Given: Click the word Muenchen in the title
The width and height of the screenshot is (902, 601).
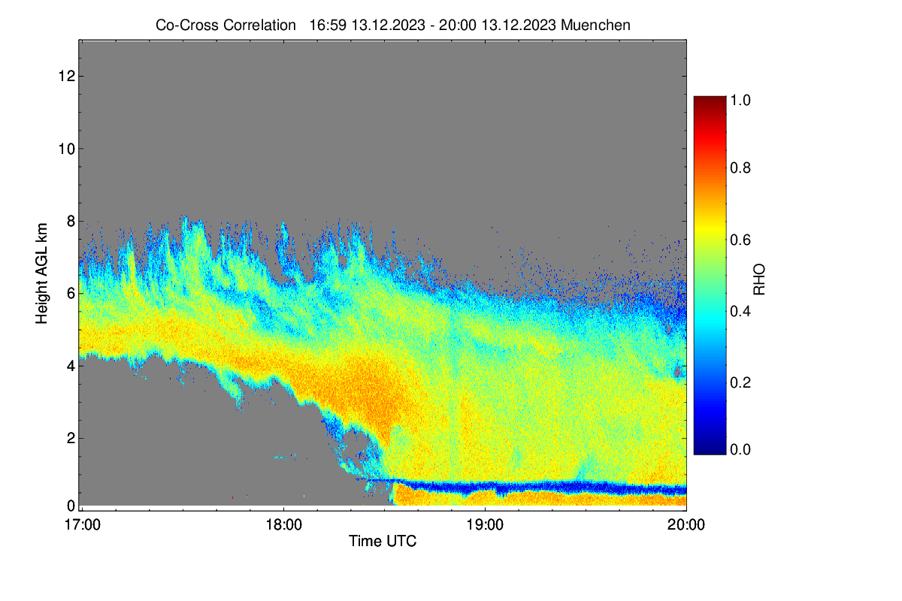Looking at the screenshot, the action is tap(595, 26).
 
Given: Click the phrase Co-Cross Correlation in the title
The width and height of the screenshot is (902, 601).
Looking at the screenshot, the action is tap(225, 26).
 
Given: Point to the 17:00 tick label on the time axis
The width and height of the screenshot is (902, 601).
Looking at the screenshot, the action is tap(83, 525).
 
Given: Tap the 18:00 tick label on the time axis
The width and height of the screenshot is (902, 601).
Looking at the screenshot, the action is tap(283, 525).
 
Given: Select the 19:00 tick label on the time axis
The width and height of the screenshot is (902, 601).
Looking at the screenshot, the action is tap(485, 525).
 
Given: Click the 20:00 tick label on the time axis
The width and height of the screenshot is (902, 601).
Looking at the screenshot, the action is tap(686, 525).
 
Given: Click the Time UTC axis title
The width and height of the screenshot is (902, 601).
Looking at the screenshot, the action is tap(383, 542).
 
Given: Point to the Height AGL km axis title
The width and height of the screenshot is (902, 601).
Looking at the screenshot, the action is tap(41, 273).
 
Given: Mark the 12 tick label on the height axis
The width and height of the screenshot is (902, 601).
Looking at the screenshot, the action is tap(67, 76).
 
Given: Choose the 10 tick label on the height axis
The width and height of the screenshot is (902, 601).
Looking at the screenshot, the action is tap(67, 149).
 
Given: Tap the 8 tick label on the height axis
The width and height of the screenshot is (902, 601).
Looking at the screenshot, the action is tap(71, 222).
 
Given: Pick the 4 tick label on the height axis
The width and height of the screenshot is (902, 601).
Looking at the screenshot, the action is tap(71, 367).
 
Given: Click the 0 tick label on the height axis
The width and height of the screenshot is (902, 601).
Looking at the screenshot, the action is tap(71, 506).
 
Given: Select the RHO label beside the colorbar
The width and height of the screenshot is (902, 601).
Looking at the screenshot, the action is tap(759, 279).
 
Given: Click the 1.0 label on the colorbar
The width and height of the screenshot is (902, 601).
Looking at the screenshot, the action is tap(740, 100).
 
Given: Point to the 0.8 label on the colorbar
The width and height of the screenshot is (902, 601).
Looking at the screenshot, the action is tap(740, 168).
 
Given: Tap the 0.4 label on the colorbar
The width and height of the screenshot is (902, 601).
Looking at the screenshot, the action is tap(740, 311).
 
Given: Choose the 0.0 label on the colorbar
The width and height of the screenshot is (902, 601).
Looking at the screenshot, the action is tap(740, 449).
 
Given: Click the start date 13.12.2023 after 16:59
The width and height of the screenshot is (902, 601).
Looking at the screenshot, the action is tap(388, 26).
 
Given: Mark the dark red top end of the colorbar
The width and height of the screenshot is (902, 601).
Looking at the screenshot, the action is tap(710, 98).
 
